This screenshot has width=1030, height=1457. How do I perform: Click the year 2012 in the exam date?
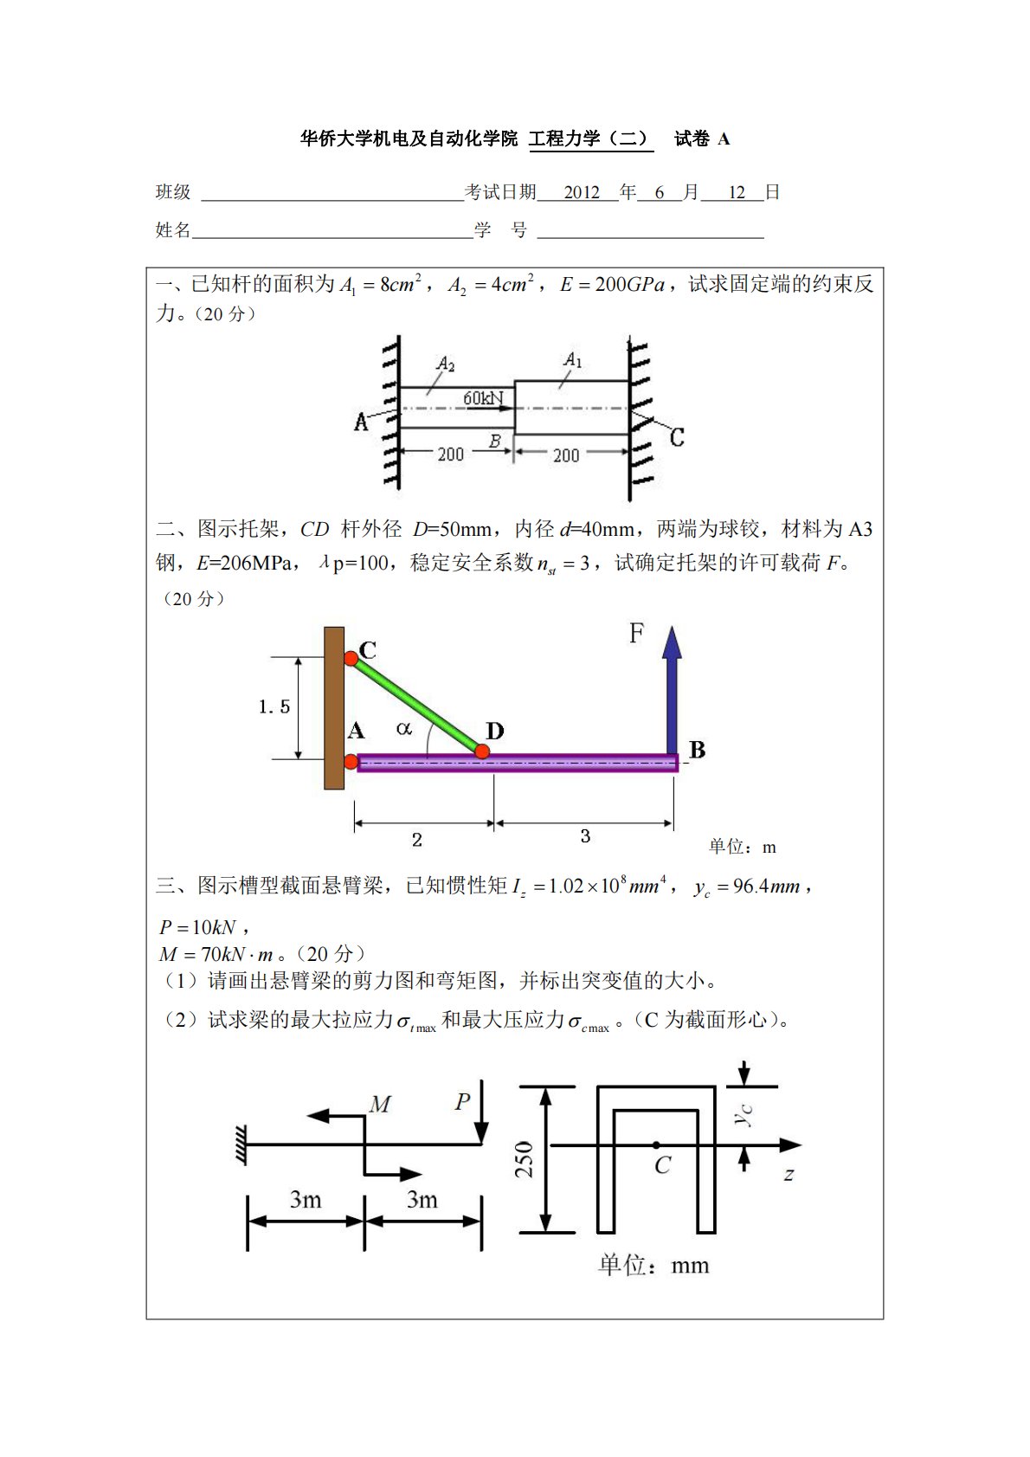pyautogui.click(x=582, y=192)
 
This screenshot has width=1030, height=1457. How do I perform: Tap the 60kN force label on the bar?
pyautogui.click(x=483, y=398)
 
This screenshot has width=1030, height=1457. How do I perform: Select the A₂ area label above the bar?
pyautogui.click(x=445, y=364)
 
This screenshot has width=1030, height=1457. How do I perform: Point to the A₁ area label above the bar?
pyautogui.click(x=573, y=358)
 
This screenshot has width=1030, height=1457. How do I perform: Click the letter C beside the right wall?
pyautogui.click(x=677, y=437)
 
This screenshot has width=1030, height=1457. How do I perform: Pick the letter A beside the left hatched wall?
pyautogui.click(x=361, y=422)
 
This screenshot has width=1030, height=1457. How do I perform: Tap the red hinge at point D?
pyautogui.click(x=482, y=751)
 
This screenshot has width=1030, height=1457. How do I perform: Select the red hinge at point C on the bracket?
pyautogui.click(x=351, y=659)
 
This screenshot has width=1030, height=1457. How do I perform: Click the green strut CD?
pyautogui.click(x=415, y=704)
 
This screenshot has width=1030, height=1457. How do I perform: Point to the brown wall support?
pyautogui.click(x=334, y=707)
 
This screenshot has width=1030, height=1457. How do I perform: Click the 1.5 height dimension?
pyautogui.click(x=274, y=707)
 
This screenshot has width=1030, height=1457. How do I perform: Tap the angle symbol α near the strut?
pyautogui.click(x=403, y=729)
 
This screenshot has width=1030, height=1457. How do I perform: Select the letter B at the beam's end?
pyautogui.click(x=697, y=750)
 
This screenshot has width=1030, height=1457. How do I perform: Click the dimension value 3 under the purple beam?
pyautogui.click(x=585, y=836)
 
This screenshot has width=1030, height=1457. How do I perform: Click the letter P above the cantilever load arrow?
pyautogui.click(x=463, y=1101)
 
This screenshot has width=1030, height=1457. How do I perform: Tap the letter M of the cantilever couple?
pyautogui.click(x=380, y=1104)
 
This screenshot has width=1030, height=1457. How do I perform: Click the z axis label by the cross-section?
pyautogui.click(x=789, y=1175)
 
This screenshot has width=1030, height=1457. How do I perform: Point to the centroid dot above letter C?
pyautogui.click(x=656, y=1145)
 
